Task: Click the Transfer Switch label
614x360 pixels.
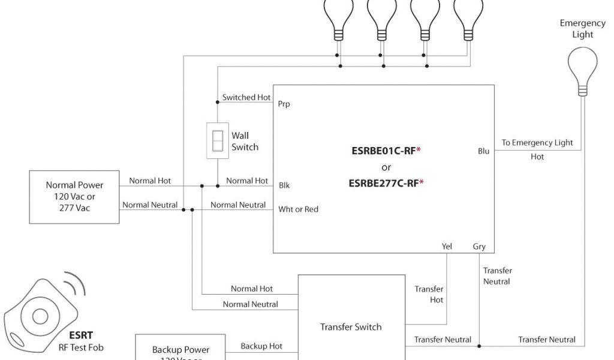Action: [x=351, y=327]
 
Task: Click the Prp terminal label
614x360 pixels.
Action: [x=284, y=104]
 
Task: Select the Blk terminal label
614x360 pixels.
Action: [x=284, y=185]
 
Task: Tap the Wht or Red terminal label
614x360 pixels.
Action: [x=298, y=209]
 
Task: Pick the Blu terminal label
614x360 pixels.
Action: [x=483, y=151]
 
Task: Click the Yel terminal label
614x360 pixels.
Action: [x=447, y=246]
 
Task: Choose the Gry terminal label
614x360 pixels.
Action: [x=479, y=246]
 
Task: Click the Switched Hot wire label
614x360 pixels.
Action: [x=246, y=97]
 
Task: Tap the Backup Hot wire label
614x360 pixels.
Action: [x=261, y=346]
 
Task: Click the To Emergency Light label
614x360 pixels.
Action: [x=537, y=143]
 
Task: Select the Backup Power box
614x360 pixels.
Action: [x=180, y=351]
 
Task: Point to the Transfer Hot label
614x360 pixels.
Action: [x=429, y=294]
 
